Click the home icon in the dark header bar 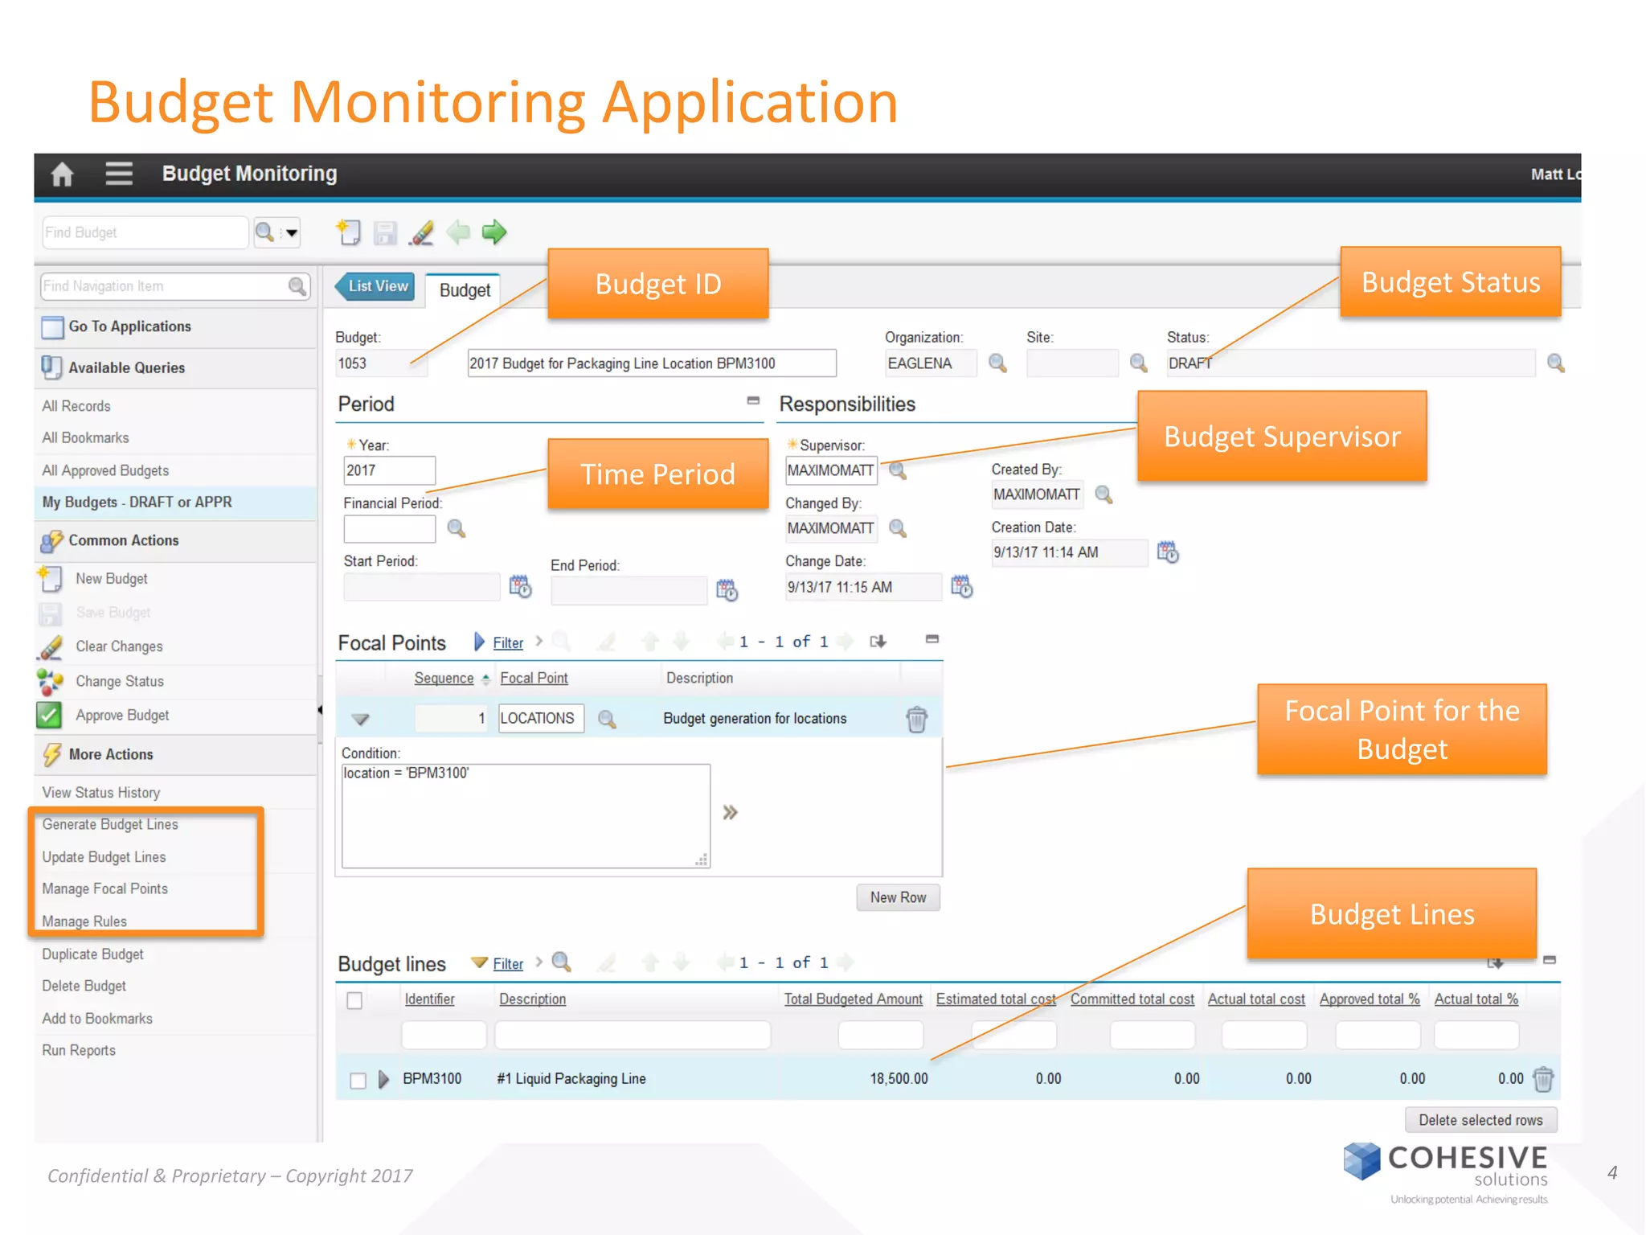pos(62,174)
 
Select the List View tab pos(377,286)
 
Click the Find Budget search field pos(144,232)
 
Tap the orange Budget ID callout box pos(657,284)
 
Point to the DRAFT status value pos(1189,363)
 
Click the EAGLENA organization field pos(930,363)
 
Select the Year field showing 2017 pos(389,470)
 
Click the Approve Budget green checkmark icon pos(49,715)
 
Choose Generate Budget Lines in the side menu pos(110,824)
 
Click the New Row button pos(898,897)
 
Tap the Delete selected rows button pos(1480,1120)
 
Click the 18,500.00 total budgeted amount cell pos(898,1078)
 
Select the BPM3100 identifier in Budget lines pos(432,1078)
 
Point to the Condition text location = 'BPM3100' pos(407,773)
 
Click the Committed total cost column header pos(1132,999)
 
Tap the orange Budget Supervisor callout pos(1282,437)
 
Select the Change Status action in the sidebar pos(119,681)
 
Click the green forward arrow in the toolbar pos(494,232)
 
